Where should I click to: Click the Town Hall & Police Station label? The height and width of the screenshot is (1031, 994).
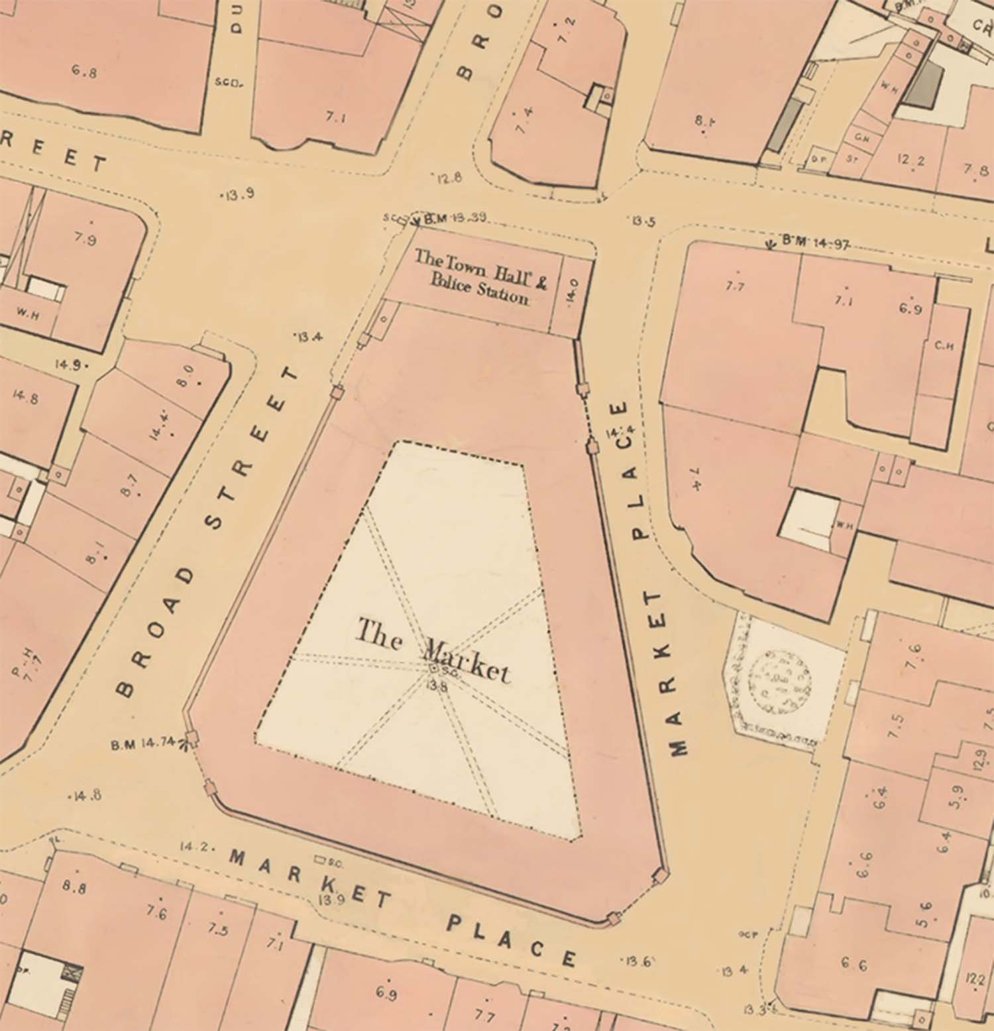click(480, 276)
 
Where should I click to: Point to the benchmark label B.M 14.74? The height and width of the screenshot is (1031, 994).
click(142, 745)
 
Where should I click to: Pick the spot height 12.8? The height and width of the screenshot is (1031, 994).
click(449, 178)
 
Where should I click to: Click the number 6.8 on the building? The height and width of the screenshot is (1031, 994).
click(83, 70)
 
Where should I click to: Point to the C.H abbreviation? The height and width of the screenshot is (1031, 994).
click(944, 346)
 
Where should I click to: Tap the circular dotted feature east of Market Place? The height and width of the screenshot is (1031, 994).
click(781, 683)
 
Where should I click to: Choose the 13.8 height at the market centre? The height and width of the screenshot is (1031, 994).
click(438, 686)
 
